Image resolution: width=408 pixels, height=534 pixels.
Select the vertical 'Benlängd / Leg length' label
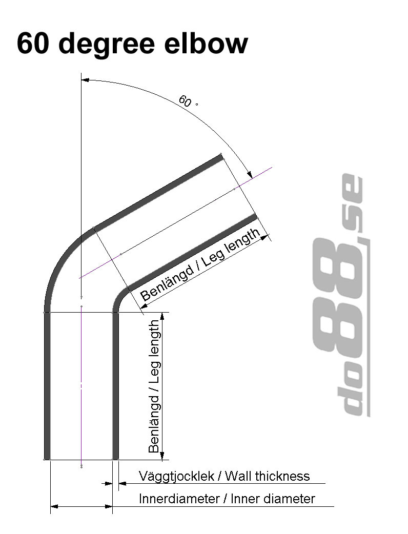click(x=154, y=386)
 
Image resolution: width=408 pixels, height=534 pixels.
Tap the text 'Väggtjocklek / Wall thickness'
click(x=224, y=476)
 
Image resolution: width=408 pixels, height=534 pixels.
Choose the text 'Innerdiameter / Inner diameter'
click(x=227, y=499)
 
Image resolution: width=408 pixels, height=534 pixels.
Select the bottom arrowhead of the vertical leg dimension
click(x=162, y=456)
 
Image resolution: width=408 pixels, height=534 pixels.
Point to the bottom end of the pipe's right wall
click(x=115, y=458)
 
